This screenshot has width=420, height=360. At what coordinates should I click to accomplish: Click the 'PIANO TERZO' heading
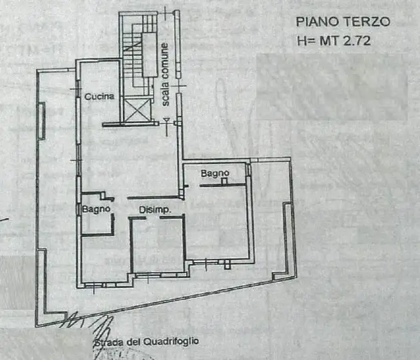click(343, 21)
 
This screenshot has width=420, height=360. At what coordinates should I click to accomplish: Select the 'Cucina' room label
click(99, 97)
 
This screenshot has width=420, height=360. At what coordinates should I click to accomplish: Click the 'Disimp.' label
click(155, 210)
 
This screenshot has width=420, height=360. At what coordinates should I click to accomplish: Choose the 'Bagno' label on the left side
click(97, 209)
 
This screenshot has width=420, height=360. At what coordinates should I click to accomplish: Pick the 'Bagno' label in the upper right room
click(213, 173)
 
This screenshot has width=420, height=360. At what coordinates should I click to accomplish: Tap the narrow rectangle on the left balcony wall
click(43, 120)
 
